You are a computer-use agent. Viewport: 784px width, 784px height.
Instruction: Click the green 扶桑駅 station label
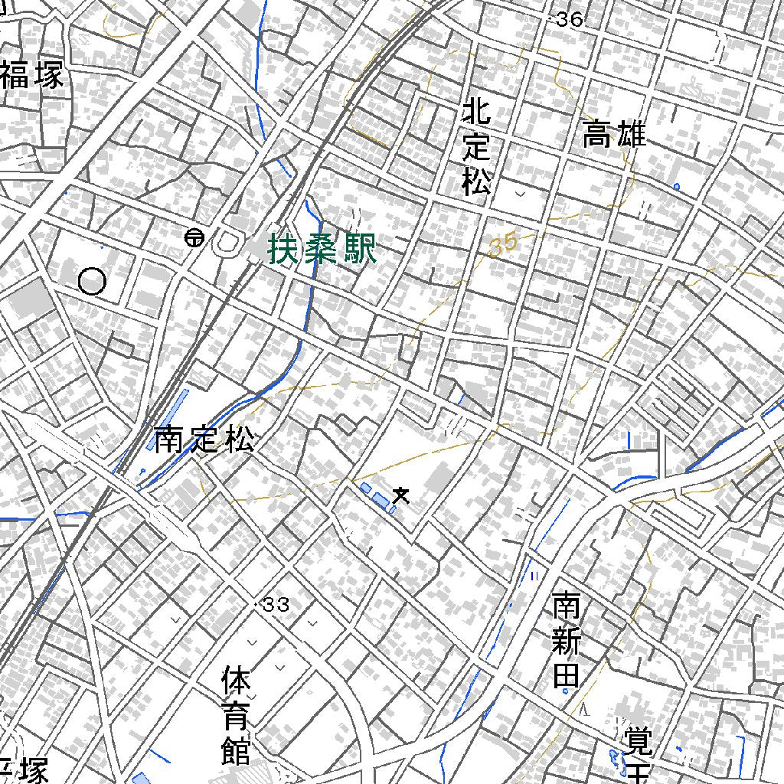(322, 250)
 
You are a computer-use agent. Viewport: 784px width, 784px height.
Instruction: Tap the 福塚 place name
(31, 76)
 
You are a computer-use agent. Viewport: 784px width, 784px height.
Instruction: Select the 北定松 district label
(476, 148)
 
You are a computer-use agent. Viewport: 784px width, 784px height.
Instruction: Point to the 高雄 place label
(614, 135)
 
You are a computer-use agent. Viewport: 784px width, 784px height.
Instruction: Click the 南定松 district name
(204, 440)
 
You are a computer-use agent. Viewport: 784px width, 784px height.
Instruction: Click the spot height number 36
(570, 20)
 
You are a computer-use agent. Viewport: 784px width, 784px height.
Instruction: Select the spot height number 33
(276, 606)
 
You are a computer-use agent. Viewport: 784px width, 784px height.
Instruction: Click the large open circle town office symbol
(92, 282)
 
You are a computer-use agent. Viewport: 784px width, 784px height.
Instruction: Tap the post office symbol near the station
(194, 239)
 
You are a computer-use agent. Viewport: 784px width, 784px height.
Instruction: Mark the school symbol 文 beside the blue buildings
(400, 496)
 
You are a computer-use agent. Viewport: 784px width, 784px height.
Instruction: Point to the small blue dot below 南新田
(566, 690)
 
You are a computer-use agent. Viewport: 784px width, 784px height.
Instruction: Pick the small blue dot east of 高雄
(676, 186)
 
